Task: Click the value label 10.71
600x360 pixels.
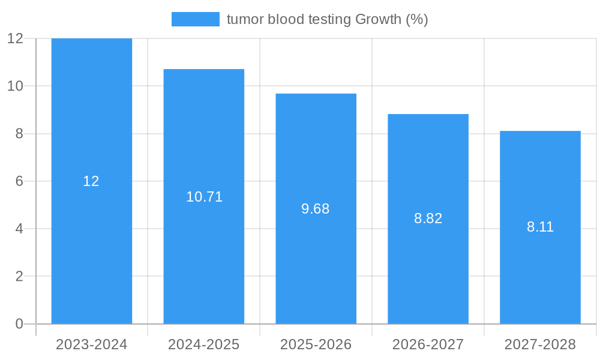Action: pos(204,197)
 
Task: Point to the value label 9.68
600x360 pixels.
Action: pos(316,209)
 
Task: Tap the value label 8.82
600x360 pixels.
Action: pos(428,218)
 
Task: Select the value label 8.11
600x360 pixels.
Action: pos(540,227)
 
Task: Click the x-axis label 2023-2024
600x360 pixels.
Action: pos(91,344)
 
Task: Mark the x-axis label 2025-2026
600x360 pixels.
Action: pos(316,344)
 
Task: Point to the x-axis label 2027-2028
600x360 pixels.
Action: pos(540,344)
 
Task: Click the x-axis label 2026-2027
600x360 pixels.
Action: pos(428,344)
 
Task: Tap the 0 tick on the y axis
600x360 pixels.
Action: pos(19,324)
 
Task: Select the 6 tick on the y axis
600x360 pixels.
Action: pos(19,181)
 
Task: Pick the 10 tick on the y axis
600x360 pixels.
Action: pos(15,86)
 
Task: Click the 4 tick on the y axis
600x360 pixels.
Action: pos(19,229)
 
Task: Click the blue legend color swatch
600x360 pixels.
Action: pos(195,19)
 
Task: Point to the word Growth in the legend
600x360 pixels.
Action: pos(378,19)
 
